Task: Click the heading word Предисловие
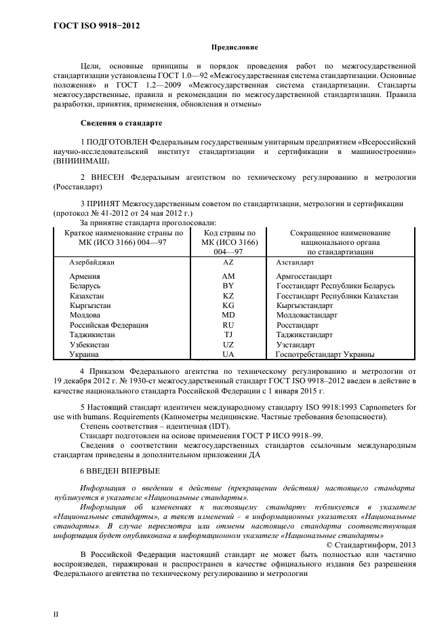[235, 47]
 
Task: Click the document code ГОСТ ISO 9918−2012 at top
[96, 26]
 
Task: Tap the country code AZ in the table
[228, 261]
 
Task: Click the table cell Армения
[85, 277]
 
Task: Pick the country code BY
[228, 286]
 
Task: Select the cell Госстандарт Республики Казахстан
[337, 296]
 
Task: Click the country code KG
[228, 306]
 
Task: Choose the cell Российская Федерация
[108, 325]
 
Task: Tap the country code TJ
[228, 334]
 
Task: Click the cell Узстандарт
[296, 345]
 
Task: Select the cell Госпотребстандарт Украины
[325, 354]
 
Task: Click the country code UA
[228, 354]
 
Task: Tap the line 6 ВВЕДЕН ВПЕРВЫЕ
[120, 471]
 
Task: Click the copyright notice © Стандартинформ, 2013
[371, 545]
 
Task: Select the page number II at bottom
[56, 614]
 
